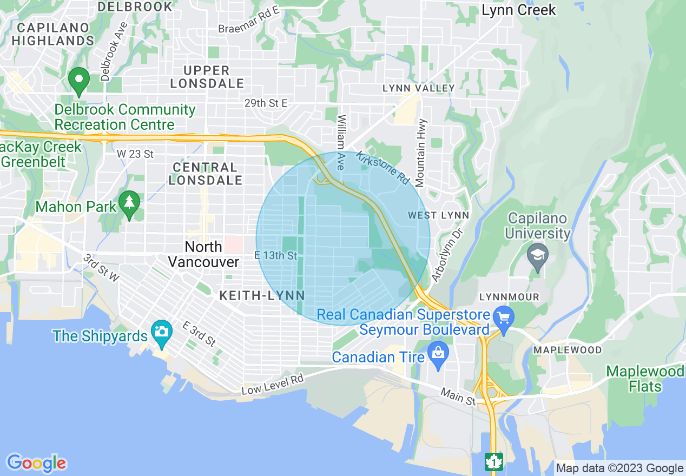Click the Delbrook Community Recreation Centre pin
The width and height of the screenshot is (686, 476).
[79, 81]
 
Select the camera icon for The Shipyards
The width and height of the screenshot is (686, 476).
[162, 330]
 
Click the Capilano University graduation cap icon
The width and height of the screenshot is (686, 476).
[538, 254]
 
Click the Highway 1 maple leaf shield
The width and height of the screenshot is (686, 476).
[493, 461]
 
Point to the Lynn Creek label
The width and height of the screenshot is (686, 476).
[518, 10]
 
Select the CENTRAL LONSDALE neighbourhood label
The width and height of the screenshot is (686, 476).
[206, 174]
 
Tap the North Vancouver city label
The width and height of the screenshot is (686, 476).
[203, 254]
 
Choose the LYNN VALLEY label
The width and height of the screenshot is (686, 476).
[418, 88]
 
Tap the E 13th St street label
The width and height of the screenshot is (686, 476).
[276, 255]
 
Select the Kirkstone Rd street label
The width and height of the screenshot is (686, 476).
[383, 167]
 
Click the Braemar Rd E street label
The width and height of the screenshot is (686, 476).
[249, 25]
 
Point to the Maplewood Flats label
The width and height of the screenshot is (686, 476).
[645, 379]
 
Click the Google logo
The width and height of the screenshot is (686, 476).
[37, 463]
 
